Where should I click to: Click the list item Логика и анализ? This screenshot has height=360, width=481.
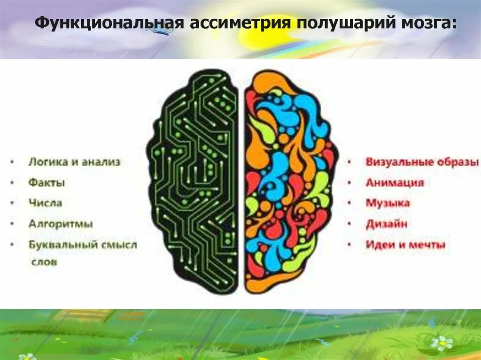pyautogui.click(x=74, y=162)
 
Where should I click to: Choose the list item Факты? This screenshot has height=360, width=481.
pyautogui.click(x=47, y=183)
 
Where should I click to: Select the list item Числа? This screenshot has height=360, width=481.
pyautogui.click(x=45, y=203)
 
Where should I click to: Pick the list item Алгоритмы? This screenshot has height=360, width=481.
pyautogui.click(x=61, y=224)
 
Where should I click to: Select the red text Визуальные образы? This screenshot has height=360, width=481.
pyautogui.click(x=422, y=162)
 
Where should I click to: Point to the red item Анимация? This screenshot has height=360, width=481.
pyautogui.click(x=395, y=183)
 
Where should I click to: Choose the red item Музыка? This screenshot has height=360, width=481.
pyautogui.click(x=388, y=203)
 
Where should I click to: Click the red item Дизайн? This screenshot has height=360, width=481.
pyautogui.click(x=387, y=224)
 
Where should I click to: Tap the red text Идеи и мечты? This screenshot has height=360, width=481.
pyautogui.click(x=405, y=245)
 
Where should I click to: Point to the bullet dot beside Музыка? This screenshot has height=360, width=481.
pyautogui.click(x=349, y=204)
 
